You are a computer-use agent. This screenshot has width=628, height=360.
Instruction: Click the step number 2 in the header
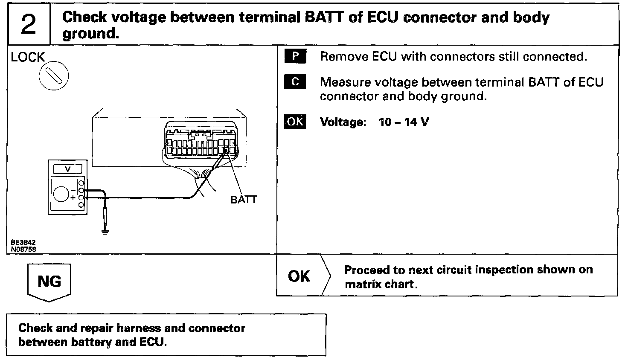(28, 25)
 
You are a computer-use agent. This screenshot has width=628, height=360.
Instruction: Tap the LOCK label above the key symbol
(28, 57)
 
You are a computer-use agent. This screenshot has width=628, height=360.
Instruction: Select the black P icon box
(295, 57)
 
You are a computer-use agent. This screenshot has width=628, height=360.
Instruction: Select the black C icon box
(295, 82)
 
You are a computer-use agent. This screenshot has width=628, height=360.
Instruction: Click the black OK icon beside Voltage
(295, 122)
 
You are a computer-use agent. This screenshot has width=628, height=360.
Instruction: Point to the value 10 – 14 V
(404, 122)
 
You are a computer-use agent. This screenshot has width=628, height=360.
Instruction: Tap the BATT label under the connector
(244, 200)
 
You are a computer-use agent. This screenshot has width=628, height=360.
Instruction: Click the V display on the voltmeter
(68, 169)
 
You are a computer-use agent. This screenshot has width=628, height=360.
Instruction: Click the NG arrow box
(49, 282)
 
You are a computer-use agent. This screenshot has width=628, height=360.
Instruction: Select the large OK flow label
(299, 276)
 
